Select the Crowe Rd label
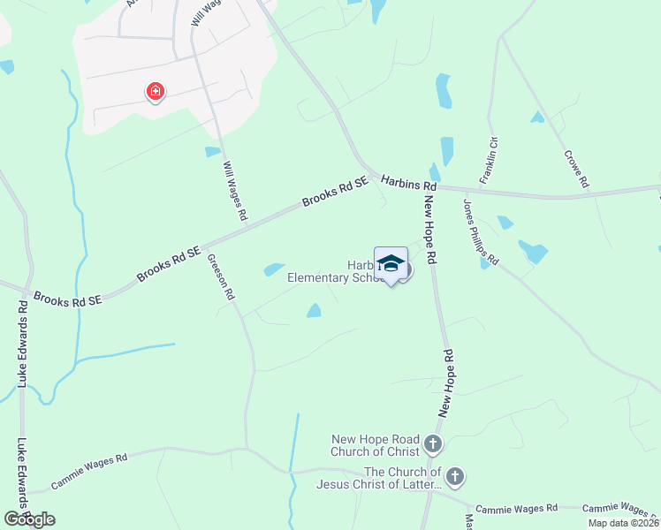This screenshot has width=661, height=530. (576, 169)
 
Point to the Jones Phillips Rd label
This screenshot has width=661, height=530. (482, 231)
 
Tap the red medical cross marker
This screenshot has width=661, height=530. (155, 91)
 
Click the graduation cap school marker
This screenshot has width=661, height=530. (391, 264)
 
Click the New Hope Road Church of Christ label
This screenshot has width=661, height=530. (376, 445)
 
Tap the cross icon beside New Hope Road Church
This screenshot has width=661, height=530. (432, 443)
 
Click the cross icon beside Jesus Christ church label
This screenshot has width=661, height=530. (454, 477)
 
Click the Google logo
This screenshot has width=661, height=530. (30, 519)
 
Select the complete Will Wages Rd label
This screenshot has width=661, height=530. (236, 191)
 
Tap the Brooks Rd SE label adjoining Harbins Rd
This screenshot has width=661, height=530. (334, 190)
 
